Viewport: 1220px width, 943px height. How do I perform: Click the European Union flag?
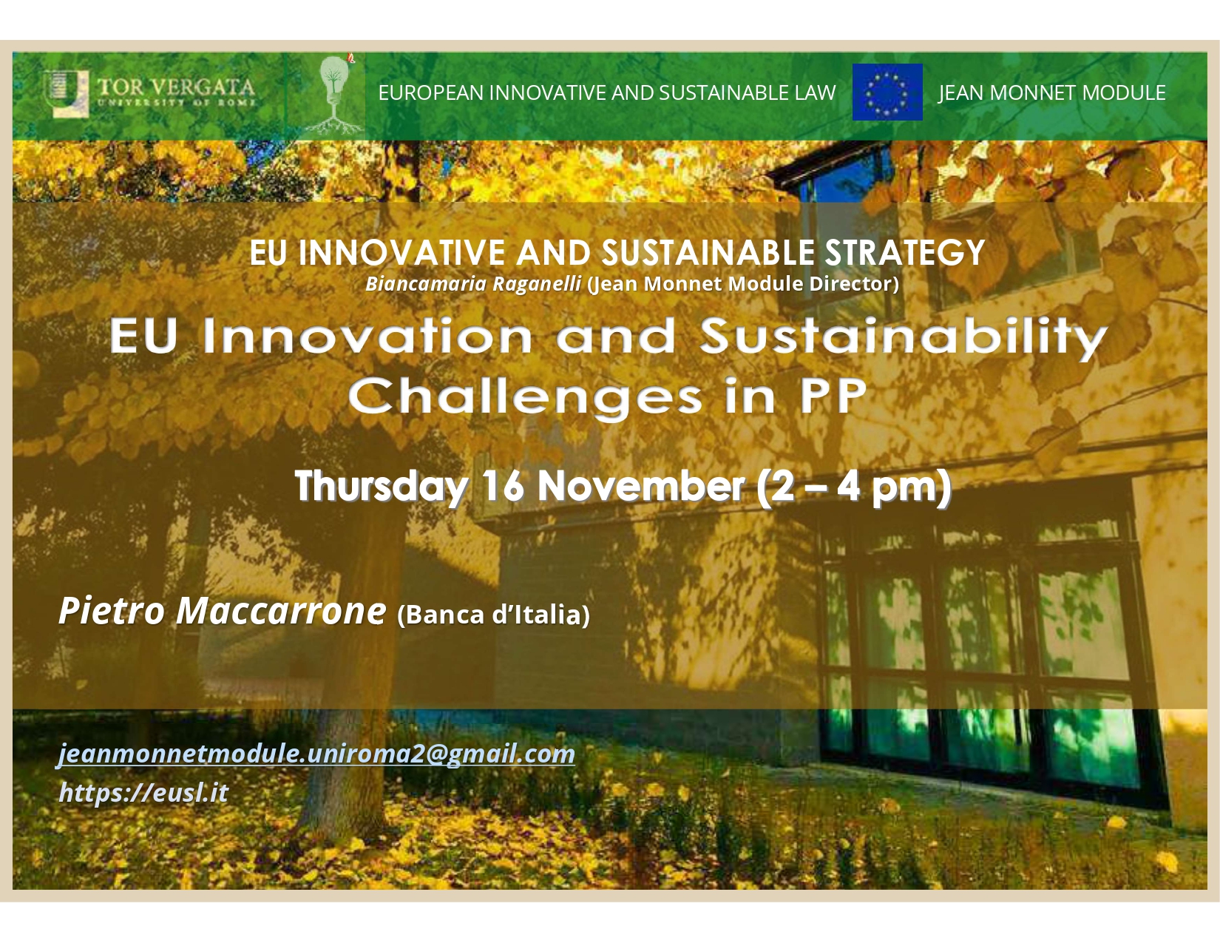coord(887,92)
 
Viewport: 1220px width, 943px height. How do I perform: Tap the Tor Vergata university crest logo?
coord(66,92)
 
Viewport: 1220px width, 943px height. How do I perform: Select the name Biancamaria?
coord(426,283)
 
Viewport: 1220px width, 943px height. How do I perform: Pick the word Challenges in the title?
coord(526,397)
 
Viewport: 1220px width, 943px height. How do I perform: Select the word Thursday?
coord(381,486)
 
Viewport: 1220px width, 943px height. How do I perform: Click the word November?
coord(641,486)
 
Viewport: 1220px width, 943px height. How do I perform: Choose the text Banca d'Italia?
coord(493,615)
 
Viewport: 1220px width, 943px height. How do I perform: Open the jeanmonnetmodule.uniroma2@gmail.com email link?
coord(316,754)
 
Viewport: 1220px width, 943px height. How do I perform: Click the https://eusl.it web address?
coord(143,793)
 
